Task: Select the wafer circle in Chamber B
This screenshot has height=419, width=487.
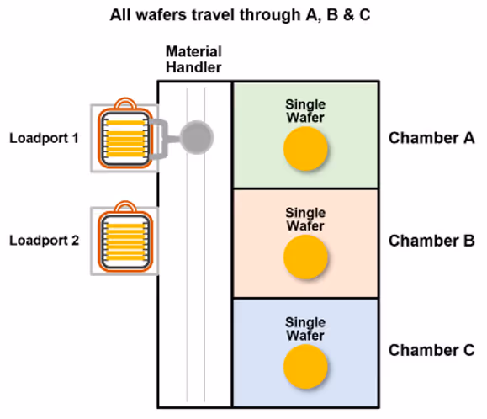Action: [305, 257]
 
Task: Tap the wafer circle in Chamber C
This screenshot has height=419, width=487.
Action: [305, 367]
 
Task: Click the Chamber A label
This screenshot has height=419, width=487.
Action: [431, 138]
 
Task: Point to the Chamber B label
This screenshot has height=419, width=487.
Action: [431, 241]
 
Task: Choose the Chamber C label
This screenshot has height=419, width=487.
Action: [431, 350]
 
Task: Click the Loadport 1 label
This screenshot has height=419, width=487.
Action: [44, 138]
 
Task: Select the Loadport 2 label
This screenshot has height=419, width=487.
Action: [44, 241]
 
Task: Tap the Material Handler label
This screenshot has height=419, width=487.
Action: [193, 60]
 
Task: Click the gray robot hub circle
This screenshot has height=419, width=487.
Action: [197, 137]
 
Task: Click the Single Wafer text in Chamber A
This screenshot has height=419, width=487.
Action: [305, 111]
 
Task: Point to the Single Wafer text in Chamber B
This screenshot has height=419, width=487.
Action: [305, 220]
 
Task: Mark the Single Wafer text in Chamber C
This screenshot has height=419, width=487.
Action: [305, 329]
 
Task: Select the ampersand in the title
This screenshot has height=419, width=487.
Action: [349, 15]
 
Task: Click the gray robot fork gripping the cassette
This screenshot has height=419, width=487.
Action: [161, 139]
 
